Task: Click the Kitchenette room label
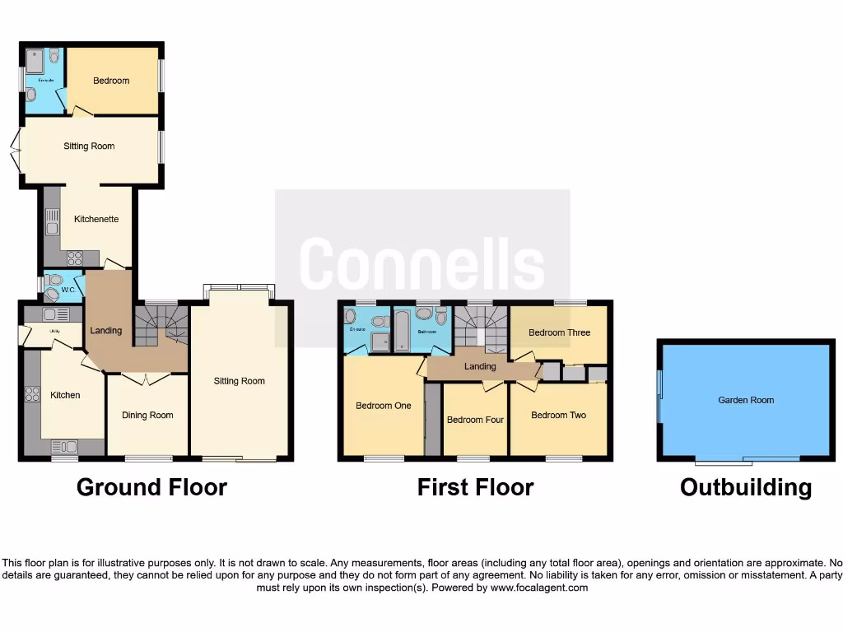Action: tap(96, 220)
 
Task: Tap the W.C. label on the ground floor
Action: tap(68, 290)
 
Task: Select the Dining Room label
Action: tap(147, 416)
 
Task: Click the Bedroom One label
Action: tap(383, 406)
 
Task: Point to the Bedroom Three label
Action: tap(559, 333)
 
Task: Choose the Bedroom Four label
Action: tap(475, 421)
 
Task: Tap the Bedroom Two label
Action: tap(558, 416)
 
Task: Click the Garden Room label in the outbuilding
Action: tap(746, 401)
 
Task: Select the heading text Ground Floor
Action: tap(151, 487)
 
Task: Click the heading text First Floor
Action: tap(475, 487)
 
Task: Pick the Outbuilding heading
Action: tap(745, 487)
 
